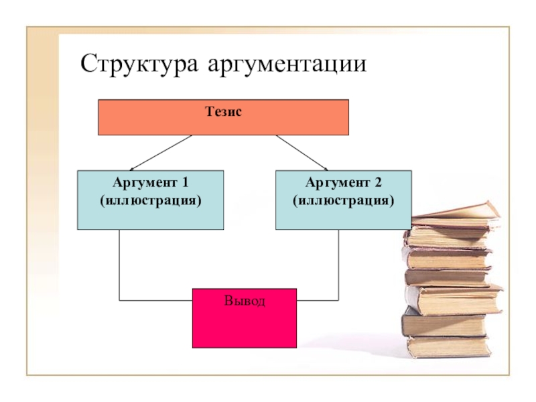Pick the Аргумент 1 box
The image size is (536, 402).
[x=150, y=214]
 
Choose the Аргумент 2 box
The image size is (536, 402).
[x=343, y=214]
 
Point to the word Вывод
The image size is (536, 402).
[x=245, y=301]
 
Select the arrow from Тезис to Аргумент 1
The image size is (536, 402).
[x=161, y=153]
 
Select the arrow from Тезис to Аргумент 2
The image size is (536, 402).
[x=301, y=153]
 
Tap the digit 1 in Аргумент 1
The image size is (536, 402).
[x=184, y=182]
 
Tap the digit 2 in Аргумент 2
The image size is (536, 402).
[x=377, y=182]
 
